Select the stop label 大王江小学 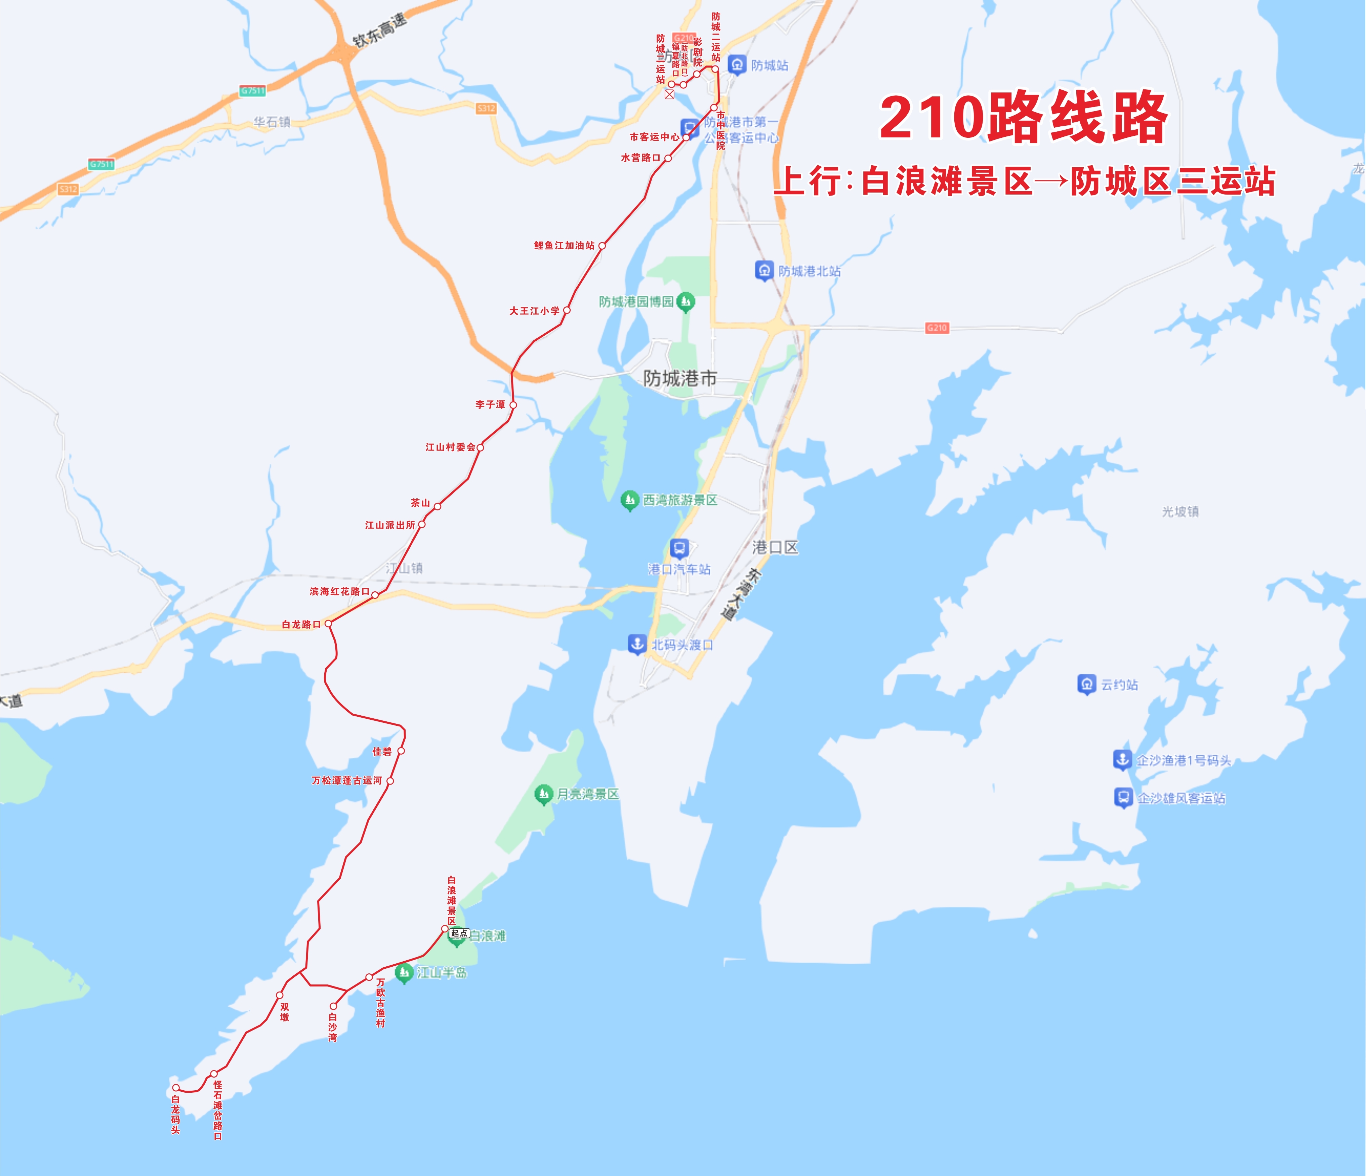click(534, 310)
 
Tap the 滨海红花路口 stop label click(339, 591)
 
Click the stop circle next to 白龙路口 click(328, 623)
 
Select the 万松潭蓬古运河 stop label click(347, 781)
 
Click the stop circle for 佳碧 click(401, 751)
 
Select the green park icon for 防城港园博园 click(686, 302)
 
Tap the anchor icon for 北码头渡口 click(637, 643)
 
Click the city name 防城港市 click(680, 378)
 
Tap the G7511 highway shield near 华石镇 click(252, 90)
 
